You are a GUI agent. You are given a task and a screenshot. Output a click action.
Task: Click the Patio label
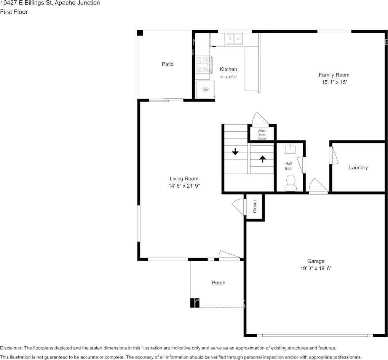pos(168,64)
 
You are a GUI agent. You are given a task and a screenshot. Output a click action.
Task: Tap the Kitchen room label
pos(228,69)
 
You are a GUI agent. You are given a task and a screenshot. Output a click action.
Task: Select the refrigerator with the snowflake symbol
pos(204,89)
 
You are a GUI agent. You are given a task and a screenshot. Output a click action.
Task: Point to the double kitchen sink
pos(233,39)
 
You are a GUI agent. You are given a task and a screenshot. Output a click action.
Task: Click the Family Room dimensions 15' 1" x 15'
pos(334,82)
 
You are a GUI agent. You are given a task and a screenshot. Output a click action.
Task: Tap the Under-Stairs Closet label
pos(262,134)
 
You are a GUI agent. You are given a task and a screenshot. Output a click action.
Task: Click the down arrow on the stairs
pos(235,151)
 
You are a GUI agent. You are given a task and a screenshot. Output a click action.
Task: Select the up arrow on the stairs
pos(262,159)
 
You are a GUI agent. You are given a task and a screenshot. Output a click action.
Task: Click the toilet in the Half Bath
pos(291,183)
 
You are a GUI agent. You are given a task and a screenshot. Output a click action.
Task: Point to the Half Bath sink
pos(290,150)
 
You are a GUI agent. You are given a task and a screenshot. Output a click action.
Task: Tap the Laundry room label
pos(358,168)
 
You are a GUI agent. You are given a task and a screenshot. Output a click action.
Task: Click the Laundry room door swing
pos(334,156)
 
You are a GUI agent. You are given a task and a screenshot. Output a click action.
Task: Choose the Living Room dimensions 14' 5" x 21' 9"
pos(184,186)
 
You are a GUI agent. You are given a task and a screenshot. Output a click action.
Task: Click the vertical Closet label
pos(255,207)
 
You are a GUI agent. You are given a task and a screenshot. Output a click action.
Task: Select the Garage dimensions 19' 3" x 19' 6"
pos(316,268)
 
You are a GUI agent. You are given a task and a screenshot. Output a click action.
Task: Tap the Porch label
pos(219,283)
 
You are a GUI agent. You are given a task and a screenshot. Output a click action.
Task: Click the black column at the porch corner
pos(195,303)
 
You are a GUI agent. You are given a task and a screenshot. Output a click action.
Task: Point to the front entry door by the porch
pos(229,256)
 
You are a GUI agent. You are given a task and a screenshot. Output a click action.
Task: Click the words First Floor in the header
pos(14,12)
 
